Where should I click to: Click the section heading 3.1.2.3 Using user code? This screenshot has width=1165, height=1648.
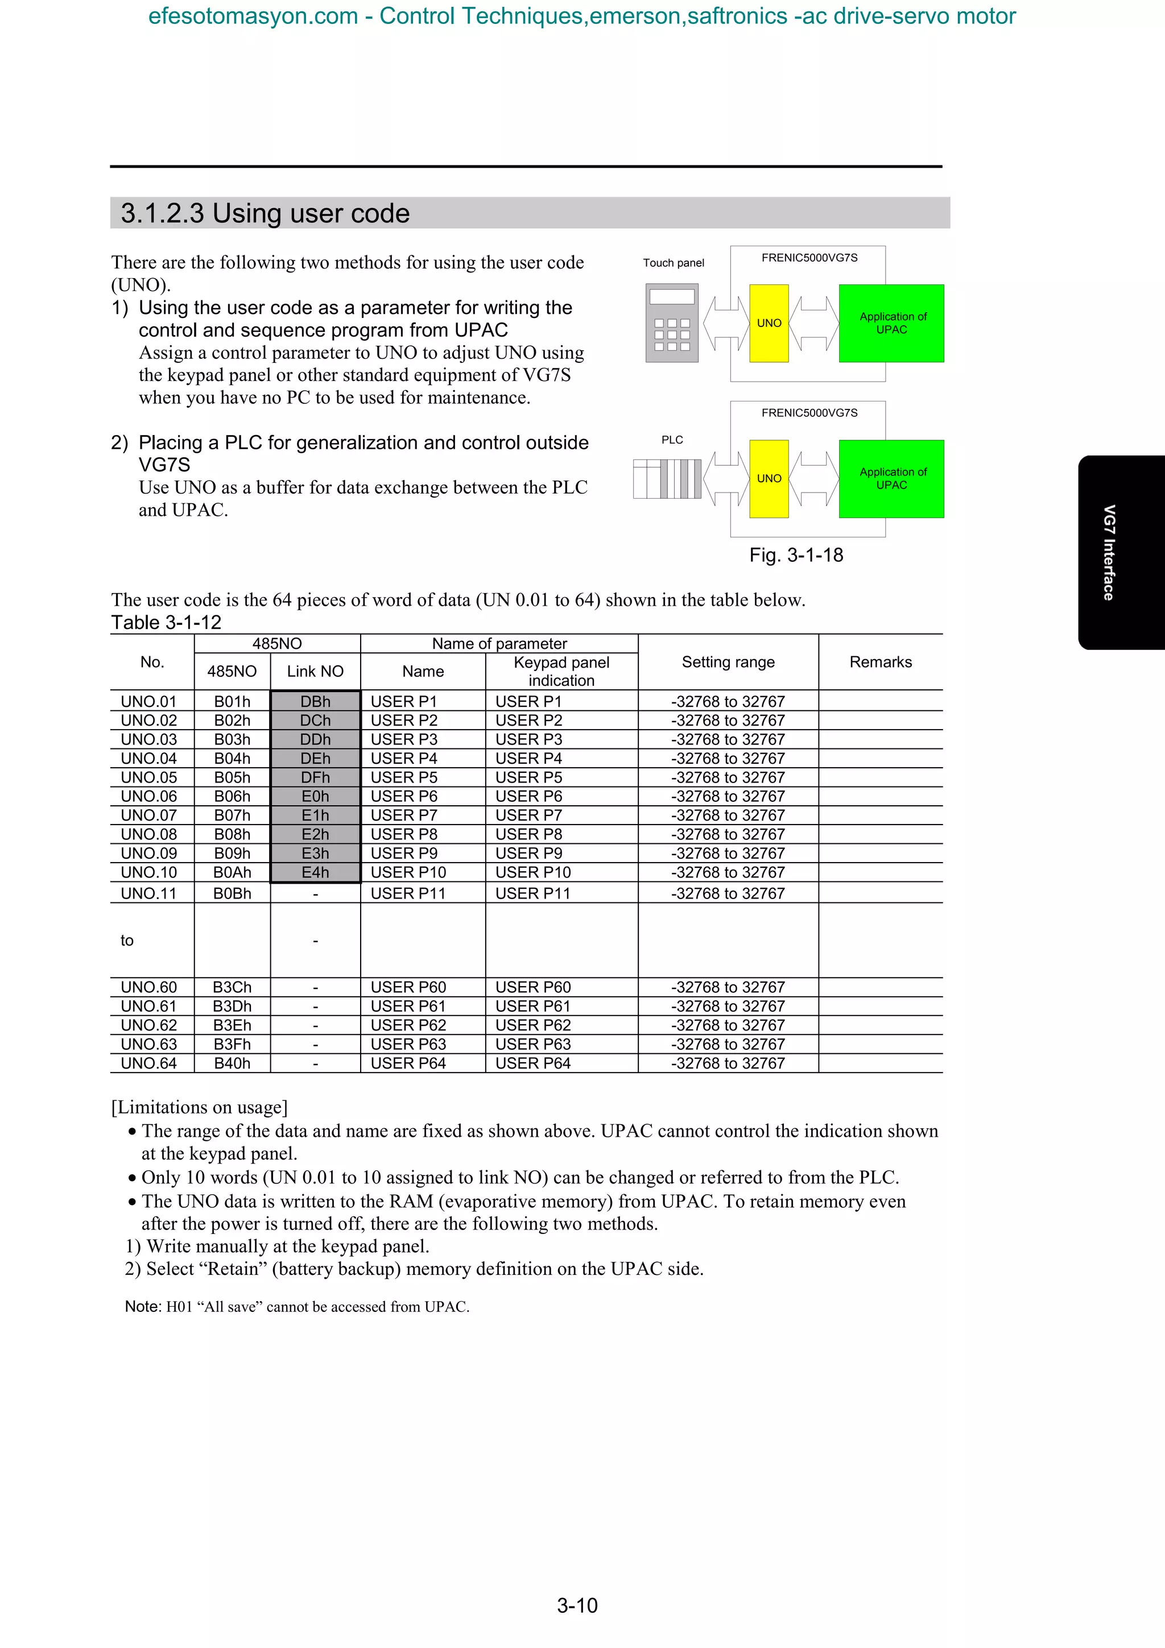tap(265, 213)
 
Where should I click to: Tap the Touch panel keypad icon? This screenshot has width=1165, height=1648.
tap(672, 323)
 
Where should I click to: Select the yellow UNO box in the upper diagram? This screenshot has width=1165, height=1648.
tap(769, 323)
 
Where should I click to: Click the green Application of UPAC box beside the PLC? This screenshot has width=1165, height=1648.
tap(891, 479)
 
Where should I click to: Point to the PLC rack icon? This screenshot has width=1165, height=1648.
tap(667, 479)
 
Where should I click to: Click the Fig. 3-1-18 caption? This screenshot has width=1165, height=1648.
tap(796, 555)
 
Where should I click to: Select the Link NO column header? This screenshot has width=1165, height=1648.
tap(315, 671)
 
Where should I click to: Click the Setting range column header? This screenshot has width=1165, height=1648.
tap(728, 662)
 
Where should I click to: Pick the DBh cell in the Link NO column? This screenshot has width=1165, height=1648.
tap(315, 701)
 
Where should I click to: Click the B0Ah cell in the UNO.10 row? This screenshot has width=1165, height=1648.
tap(232, 872)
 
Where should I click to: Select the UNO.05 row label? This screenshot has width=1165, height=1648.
tap(148, 777)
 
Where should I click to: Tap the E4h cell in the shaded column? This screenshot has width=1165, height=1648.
tap(315, 872)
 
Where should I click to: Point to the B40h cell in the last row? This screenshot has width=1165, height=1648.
tap(232, 1063)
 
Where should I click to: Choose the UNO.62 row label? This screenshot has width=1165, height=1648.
tap(148, 1025)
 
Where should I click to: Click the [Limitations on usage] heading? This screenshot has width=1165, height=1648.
tap(200, 1108)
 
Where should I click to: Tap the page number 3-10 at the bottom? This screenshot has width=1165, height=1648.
tap(577, 1605)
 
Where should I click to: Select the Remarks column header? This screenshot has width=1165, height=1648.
tap(880, 662)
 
